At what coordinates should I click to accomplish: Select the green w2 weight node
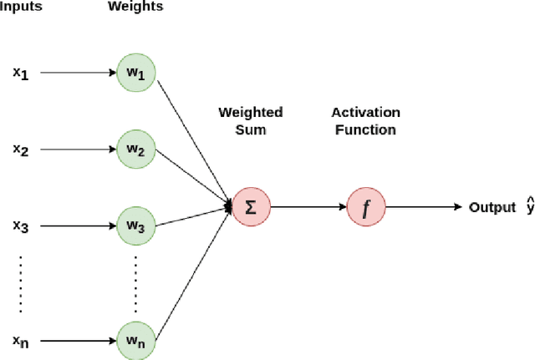(x=136, y=150)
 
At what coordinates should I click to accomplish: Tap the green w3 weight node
(x=136, y=226)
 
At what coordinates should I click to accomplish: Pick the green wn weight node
(x=136, y=341)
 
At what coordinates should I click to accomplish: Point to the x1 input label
(x=20, y=73)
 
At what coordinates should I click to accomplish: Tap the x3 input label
(x=20, y=226)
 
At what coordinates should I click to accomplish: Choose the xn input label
(x=20, y=341)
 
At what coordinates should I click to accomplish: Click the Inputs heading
(x=21, y=8)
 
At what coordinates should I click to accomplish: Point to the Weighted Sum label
(x=251, y=120)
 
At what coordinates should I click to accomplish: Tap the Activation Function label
(x=365, y=120)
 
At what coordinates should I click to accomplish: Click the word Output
(x=492, y=207)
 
